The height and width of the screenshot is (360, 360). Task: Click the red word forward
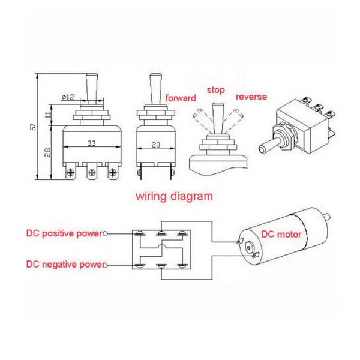[180, 97]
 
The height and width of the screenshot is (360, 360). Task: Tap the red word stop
[216, 90]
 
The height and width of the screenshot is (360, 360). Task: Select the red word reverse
[251, 97]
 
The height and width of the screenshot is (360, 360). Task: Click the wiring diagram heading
[173, 196]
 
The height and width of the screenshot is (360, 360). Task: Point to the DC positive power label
[64, 233]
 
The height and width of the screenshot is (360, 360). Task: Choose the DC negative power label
[64, 264]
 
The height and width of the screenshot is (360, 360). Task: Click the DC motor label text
[280, 235]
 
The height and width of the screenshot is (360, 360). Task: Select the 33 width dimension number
[92, 144]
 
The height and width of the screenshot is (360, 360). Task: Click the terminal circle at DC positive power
[106, 233]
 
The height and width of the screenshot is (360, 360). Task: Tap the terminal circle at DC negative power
[106, 265]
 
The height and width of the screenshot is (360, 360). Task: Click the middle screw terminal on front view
[92, 173]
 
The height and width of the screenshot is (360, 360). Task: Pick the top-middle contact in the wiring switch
[160, 233]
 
